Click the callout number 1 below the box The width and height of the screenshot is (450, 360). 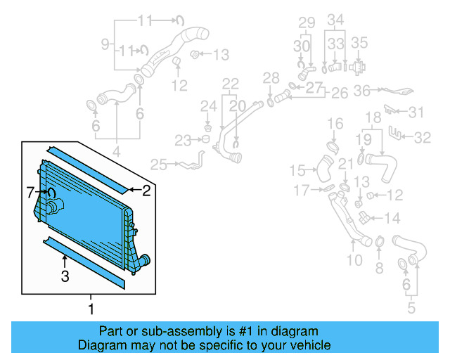[x=91, y=309]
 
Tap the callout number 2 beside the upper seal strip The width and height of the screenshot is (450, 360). [x=146, y=190]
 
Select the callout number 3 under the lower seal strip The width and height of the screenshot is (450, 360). [x=65, y=276]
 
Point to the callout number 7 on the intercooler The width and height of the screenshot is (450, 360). [x=30, y=191]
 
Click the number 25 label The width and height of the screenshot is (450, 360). [x=158, y=165]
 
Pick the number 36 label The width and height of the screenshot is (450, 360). [x=361, y=90]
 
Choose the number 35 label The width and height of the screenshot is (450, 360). [x=359, y=42]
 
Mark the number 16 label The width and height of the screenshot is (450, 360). [x=335, y=124]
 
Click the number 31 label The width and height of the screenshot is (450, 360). [x=417, y=112]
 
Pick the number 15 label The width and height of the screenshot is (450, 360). [x=298, y=170]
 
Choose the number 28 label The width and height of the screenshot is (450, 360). [x=271, y=77]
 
